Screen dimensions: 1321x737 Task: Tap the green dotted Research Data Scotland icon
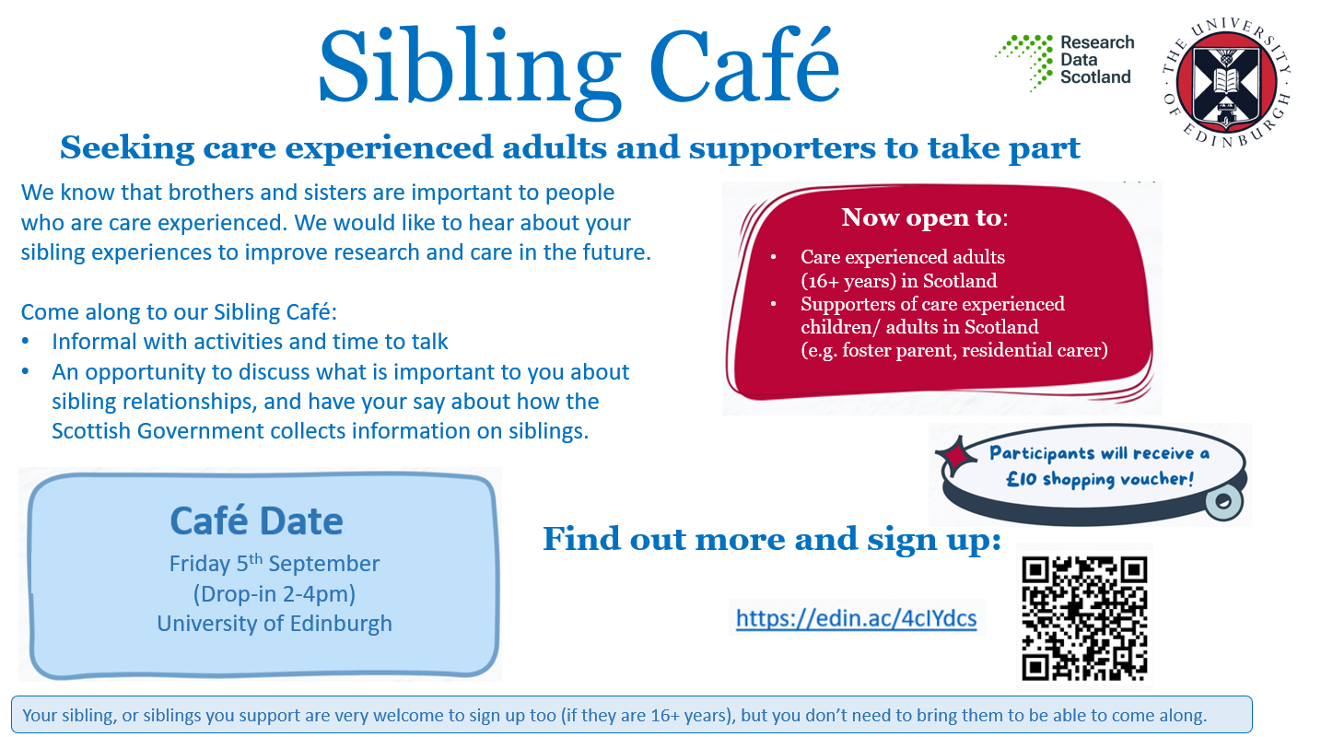click(x=1024, y=62)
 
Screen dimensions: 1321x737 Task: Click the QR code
click(x=1084, y=618)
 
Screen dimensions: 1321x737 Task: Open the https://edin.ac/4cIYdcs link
click(x=857, y=618)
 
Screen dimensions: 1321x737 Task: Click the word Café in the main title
click(x=744, y=64)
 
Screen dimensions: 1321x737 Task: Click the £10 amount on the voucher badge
click(x=1021, y=479)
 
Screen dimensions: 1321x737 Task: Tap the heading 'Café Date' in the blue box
click(x=256, y=521)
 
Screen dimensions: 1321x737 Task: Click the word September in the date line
click(x=323, y=564)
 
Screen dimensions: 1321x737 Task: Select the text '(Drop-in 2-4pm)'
click(x=275, y=593)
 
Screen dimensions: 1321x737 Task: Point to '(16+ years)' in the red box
click(x=848, y=281)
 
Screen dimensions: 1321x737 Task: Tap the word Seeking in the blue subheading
click(x=127, y=147)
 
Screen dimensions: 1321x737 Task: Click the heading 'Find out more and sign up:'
click(x=772, y=540)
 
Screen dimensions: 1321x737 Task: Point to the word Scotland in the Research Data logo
click(x=1095, y=77)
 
